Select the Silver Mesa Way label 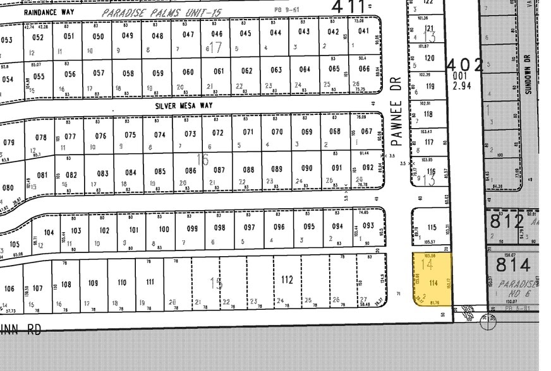coord(184,106)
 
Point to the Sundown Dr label coord(528,76)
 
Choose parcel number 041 coord(364,32)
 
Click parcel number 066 coord(364,69)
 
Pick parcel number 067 coord(366,132)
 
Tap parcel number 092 coord(368,168)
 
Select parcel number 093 coord(368,226)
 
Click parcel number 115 coord(432,228)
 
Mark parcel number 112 coord(288,280)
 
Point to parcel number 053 coord(6,40)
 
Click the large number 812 coord(507,221)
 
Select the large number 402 coord(465,65)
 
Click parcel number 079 coord(9,142)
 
